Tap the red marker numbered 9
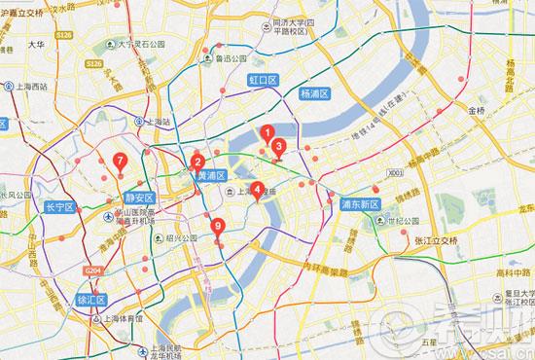(218, 228)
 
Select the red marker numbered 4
(257, 189)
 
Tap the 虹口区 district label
(264, 77)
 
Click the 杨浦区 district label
(315, 93)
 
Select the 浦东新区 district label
(359, 205)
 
